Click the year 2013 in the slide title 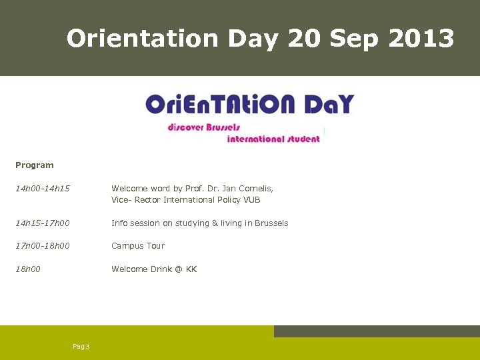coord(421,39)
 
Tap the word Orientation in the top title coord(142,39)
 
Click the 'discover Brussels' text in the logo coord(204,127)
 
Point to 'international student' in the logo coord(273,139)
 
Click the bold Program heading coord(35,165)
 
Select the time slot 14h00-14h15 coord(43,189)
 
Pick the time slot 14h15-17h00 coord(43,223)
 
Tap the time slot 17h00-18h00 coord(43,246)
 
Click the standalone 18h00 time coord(28,269)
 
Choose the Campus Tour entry coord(138,246)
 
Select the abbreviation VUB coord(251,200)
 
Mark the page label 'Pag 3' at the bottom coord(81,346)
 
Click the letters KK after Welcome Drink coord(191,269)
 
